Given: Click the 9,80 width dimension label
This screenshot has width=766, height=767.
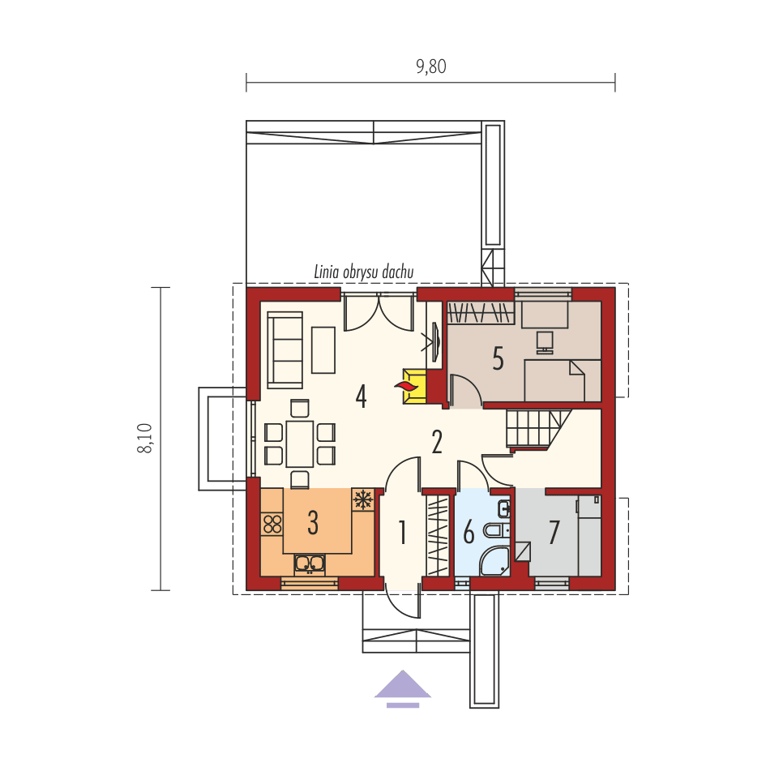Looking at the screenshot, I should tap(431, 67).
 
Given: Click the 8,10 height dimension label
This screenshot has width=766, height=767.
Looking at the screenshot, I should tap(146, 439).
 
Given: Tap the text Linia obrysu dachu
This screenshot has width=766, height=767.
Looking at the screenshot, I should tap(364, 272).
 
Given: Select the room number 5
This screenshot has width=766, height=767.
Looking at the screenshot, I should tap(498, 358).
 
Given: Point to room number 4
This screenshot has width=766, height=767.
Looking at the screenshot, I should tap(361, 396).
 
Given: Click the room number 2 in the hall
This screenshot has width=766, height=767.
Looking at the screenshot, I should tap(437, 442).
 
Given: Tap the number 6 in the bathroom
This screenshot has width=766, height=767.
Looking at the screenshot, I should tap(469, 534).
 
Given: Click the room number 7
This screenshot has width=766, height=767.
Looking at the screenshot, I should tap(554, 533).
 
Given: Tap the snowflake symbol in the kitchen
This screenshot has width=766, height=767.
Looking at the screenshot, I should tap(362, 499).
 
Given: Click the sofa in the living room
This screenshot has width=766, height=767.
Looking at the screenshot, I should tap(285, 349).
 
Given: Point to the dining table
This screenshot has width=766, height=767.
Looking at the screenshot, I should tap(299, 443).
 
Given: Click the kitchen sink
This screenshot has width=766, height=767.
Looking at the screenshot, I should tap(310, 563).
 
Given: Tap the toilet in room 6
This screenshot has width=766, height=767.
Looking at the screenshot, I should tap(494, 532).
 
